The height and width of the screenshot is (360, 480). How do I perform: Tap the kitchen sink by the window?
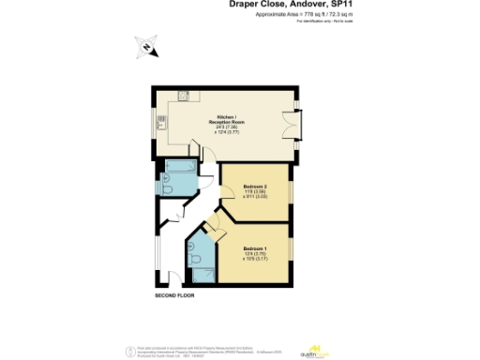(x=160, y=121)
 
